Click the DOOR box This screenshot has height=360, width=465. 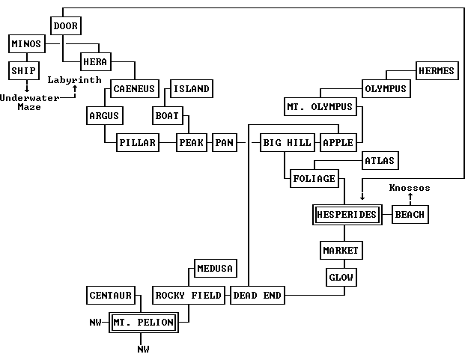tap(65, 26)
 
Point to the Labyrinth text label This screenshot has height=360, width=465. tap(75, 79)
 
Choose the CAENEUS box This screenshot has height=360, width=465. tap(134, 89)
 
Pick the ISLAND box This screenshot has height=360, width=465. tap(191, 89)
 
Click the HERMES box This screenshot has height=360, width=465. tap(436, 71)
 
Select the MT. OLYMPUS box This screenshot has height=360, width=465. tap(319, 107)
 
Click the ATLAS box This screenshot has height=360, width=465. tap(380, 160)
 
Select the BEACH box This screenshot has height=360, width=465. tap(410, 214)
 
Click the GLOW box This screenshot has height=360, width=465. tap(341, 277)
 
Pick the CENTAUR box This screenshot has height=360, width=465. tap(110, 295)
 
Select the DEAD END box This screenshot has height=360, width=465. tap(257, 295)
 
